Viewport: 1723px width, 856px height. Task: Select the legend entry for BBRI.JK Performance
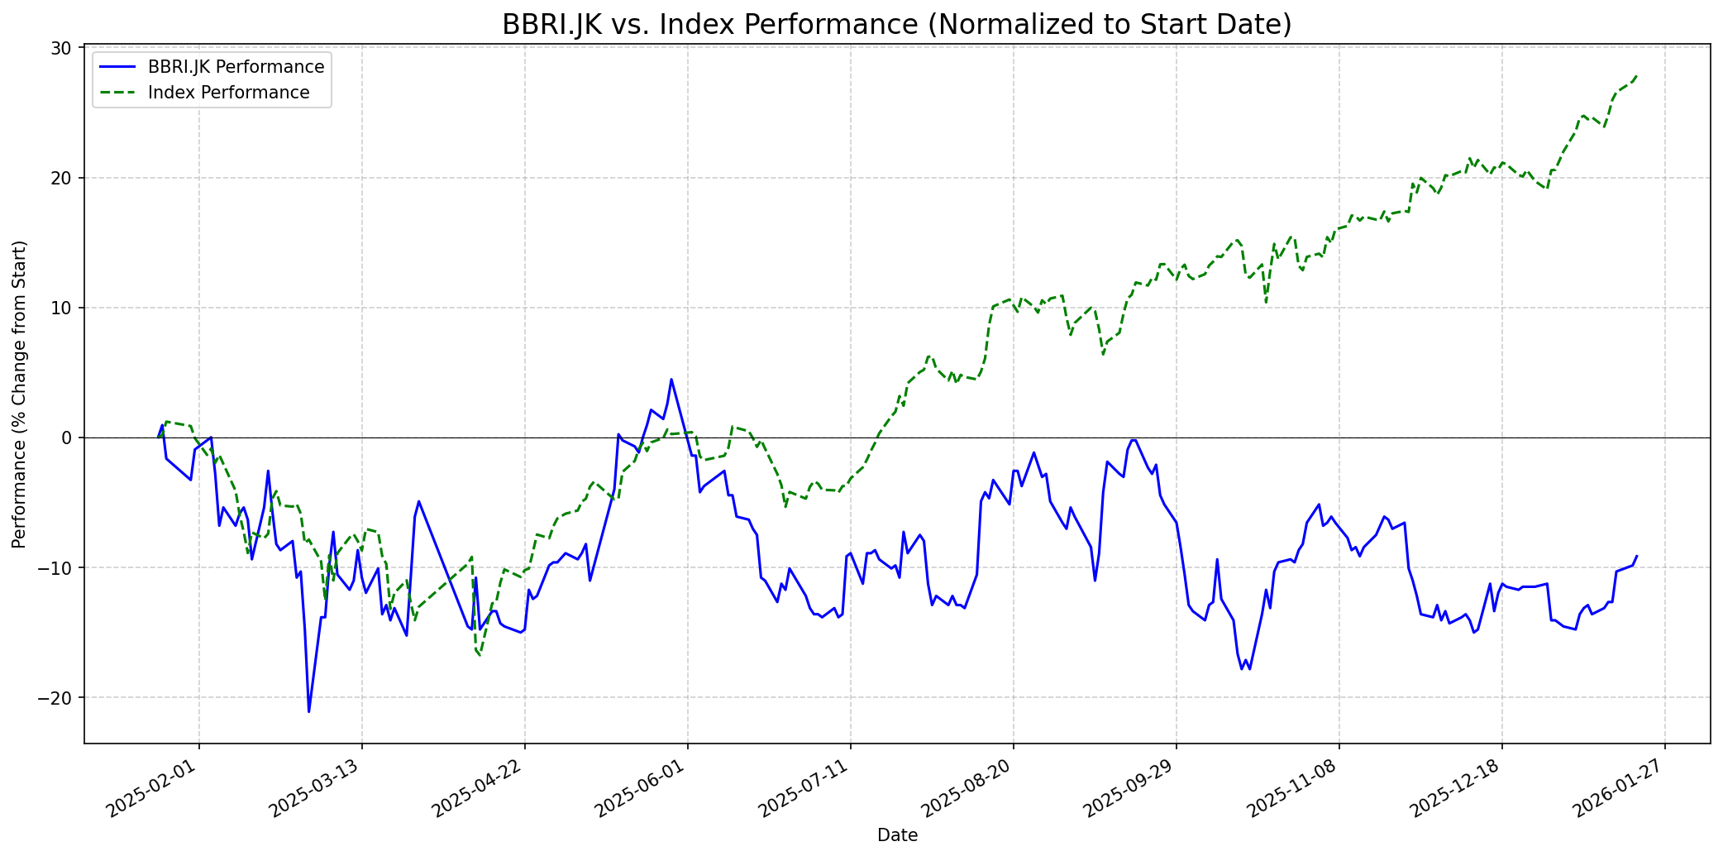(x=236, y=67)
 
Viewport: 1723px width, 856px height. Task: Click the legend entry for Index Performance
(x=228, y=93)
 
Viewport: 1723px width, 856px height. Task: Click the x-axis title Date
(x=897, y=835)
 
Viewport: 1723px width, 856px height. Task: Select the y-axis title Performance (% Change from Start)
(x=19, y=394)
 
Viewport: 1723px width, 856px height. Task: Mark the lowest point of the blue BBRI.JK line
(x=308, y=711)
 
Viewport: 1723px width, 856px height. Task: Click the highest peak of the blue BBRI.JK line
(x=671, y=380)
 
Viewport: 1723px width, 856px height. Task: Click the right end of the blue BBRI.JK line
(x=1636, y=556)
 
